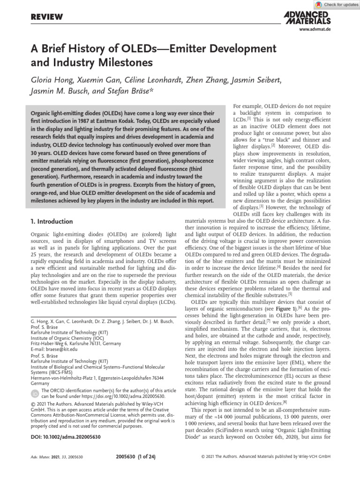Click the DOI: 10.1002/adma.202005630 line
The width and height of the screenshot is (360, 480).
tap(65, 437)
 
